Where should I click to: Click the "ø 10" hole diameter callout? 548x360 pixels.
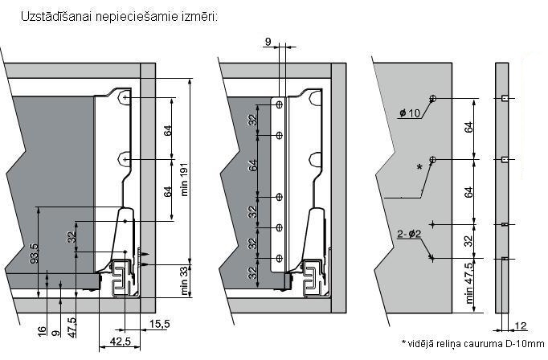(x=410, y=113)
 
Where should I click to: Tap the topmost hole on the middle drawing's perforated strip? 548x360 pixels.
(x=279, y=104)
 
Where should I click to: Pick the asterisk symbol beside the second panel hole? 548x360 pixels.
(x=419, y=166)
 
